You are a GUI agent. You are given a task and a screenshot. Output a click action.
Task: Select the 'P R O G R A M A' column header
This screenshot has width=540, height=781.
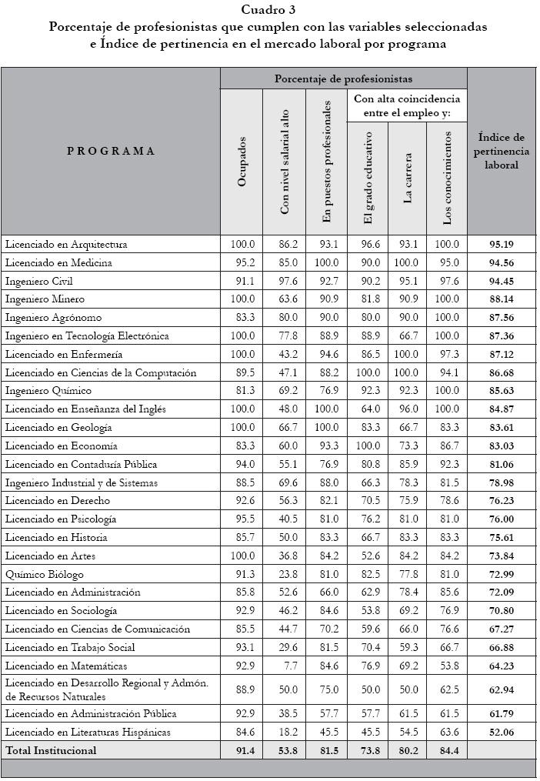click(x=111, y=151)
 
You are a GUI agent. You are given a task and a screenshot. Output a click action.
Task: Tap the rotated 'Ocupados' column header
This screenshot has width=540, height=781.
click(x=242, y=161)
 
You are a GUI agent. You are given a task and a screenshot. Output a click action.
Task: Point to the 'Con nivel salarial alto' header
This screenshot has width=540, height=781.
click(x=285, y=162)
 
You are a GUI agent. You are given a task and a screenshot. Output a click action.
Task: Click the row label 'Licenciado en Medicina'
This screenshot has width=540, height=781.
click(x=58, y=262)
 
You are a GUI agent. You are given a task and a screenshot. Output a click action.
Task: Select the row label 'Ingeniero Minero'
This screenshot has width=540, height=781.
click(x=45, y=299)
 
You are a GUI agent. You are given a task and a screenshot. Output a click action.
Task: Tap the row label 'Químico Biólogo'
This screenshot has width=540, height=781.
click(x=44, y=574)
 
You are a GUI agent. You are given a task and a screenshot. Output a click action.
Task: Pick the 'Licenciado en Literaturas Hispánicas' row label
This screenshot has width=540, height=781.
click(x=88, y=732)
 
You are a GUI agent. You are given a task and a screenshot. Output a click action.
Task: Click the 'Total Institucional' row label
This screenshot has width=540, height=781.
click(x=51, y=750)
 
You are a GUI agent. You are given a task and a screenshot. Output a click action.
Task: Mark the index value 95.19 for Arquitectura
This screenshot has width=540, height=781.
click(x=502, y=245)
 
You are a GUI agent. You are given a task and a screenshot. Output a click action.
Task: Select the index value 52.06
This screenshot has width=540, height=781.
click(x=502, y=732)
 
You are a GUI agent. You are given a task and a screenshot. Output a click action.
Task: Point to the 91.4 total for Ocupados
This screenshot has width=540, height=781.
click(x=242, y=750)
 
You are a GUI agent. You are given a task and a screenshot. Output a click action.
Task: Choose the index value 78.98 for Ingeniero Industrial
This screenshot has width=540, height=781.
click(x=502, y=482)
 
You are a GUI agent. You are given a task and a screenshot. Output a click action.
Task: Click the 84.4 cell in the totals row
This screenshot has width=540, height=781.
click(x=448, y=750)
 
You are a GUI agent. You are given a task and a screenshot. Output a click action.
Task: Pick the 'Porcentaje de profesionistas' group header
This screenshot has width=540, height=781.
click(x=344, y=78)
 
